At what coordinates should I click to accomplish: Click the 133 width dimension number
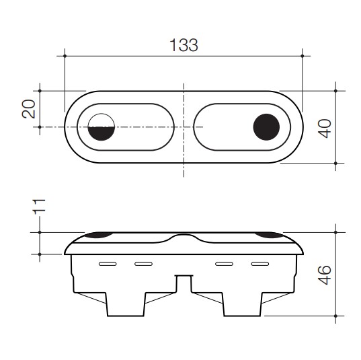coord(184,46)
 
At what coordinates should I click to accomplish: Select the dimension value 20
coord(29,109)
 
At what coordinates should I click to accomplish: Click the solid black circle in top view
coord(266,127)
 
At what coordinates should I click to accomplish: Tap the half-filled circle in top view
coord(102,127)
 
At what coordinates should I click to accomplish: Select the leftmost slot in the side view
coord(106,263)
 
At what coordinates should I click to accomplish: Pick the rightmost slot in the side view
coord(259,263)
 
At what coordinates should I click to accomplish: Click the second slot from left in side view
coord(143,263)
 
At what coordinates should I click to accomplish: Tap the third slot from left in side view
coord(223,263)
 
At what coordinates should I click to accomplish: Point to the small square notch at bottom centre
coord(183,283)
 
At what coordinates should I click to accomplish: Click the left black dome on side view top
coord(98,234)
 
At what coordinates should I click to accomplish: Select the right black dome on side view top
coord(269,234)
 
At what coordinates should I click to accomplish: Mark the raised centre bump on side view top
coord(183,238)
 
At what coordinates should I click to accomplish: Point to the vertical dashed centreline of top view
coord(184,155)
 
